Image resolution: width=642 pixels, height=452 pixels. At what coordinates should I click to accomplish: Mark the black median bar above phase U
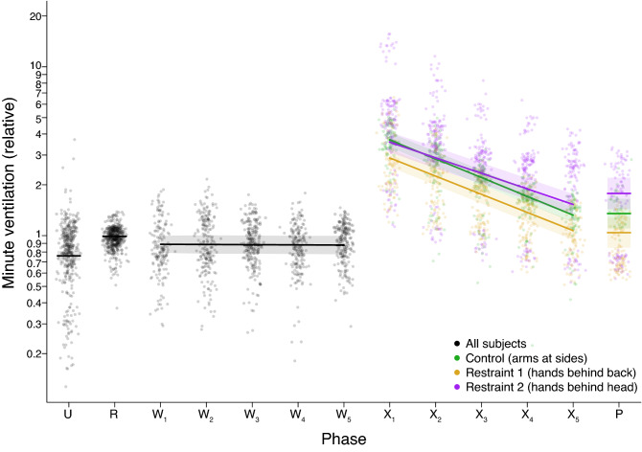pyautogui.click(x=68, y=256)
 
